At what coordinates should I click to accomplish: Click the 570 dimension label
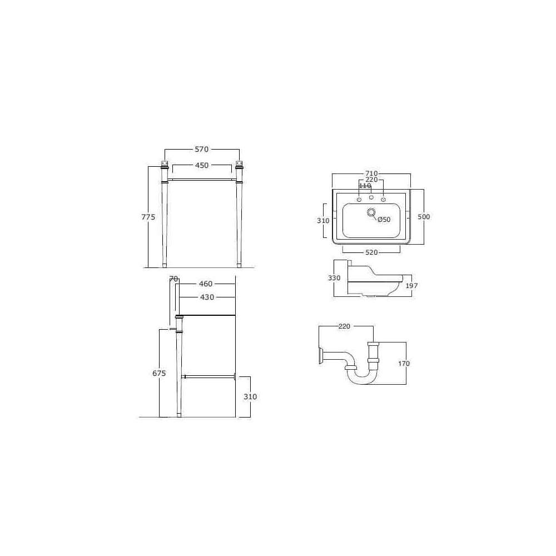tap(201, 150)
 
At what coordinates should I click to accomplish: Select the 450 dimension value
tap(201, 165)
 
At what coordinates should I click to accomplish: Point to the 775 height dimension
tap(148, 217)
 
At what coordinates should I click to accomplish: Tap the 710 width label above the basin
tap(371, 173)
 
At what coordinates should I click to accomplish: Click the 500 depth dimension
tap(424, 217)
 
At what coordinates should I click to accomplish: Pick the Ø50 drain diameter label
tap(384, 220)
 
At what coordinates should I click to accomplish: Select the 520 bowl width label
tap(371, 252)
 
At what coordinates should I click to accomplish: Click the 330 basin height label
tap(334, 278)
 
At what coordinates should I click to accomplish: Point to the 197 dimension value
tap(411, 285)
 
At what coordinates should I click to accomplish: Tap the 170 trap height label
tap(404, 364)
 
